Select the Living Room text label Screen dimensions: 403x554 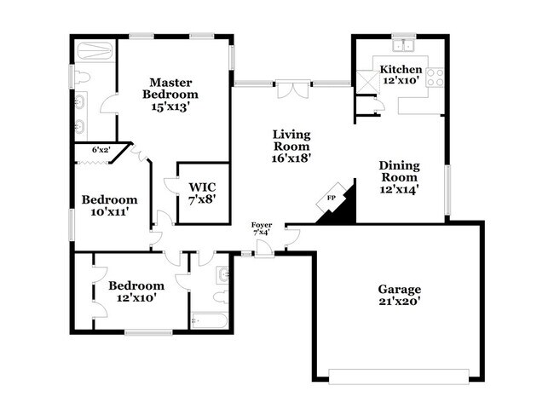pyautogui.click(x=291, y=146)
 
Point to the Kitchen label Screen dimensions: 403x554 pyautogui.click(x=400, y=75)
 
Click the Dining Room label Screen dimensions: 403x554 pyautogui.click(x=399, y=178)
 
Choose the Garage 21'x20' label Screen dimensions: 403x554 pyautogui.click(x=400, y=295)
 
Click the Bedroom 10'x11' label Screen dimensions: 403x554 pyautogui.click(x=106, y=206)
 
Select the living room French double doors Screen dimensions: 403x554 pyautogui.click(x=291, y=89)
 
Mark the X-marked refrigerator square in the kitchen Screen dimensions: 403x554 pyautogui.click(x=366, y=81)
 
